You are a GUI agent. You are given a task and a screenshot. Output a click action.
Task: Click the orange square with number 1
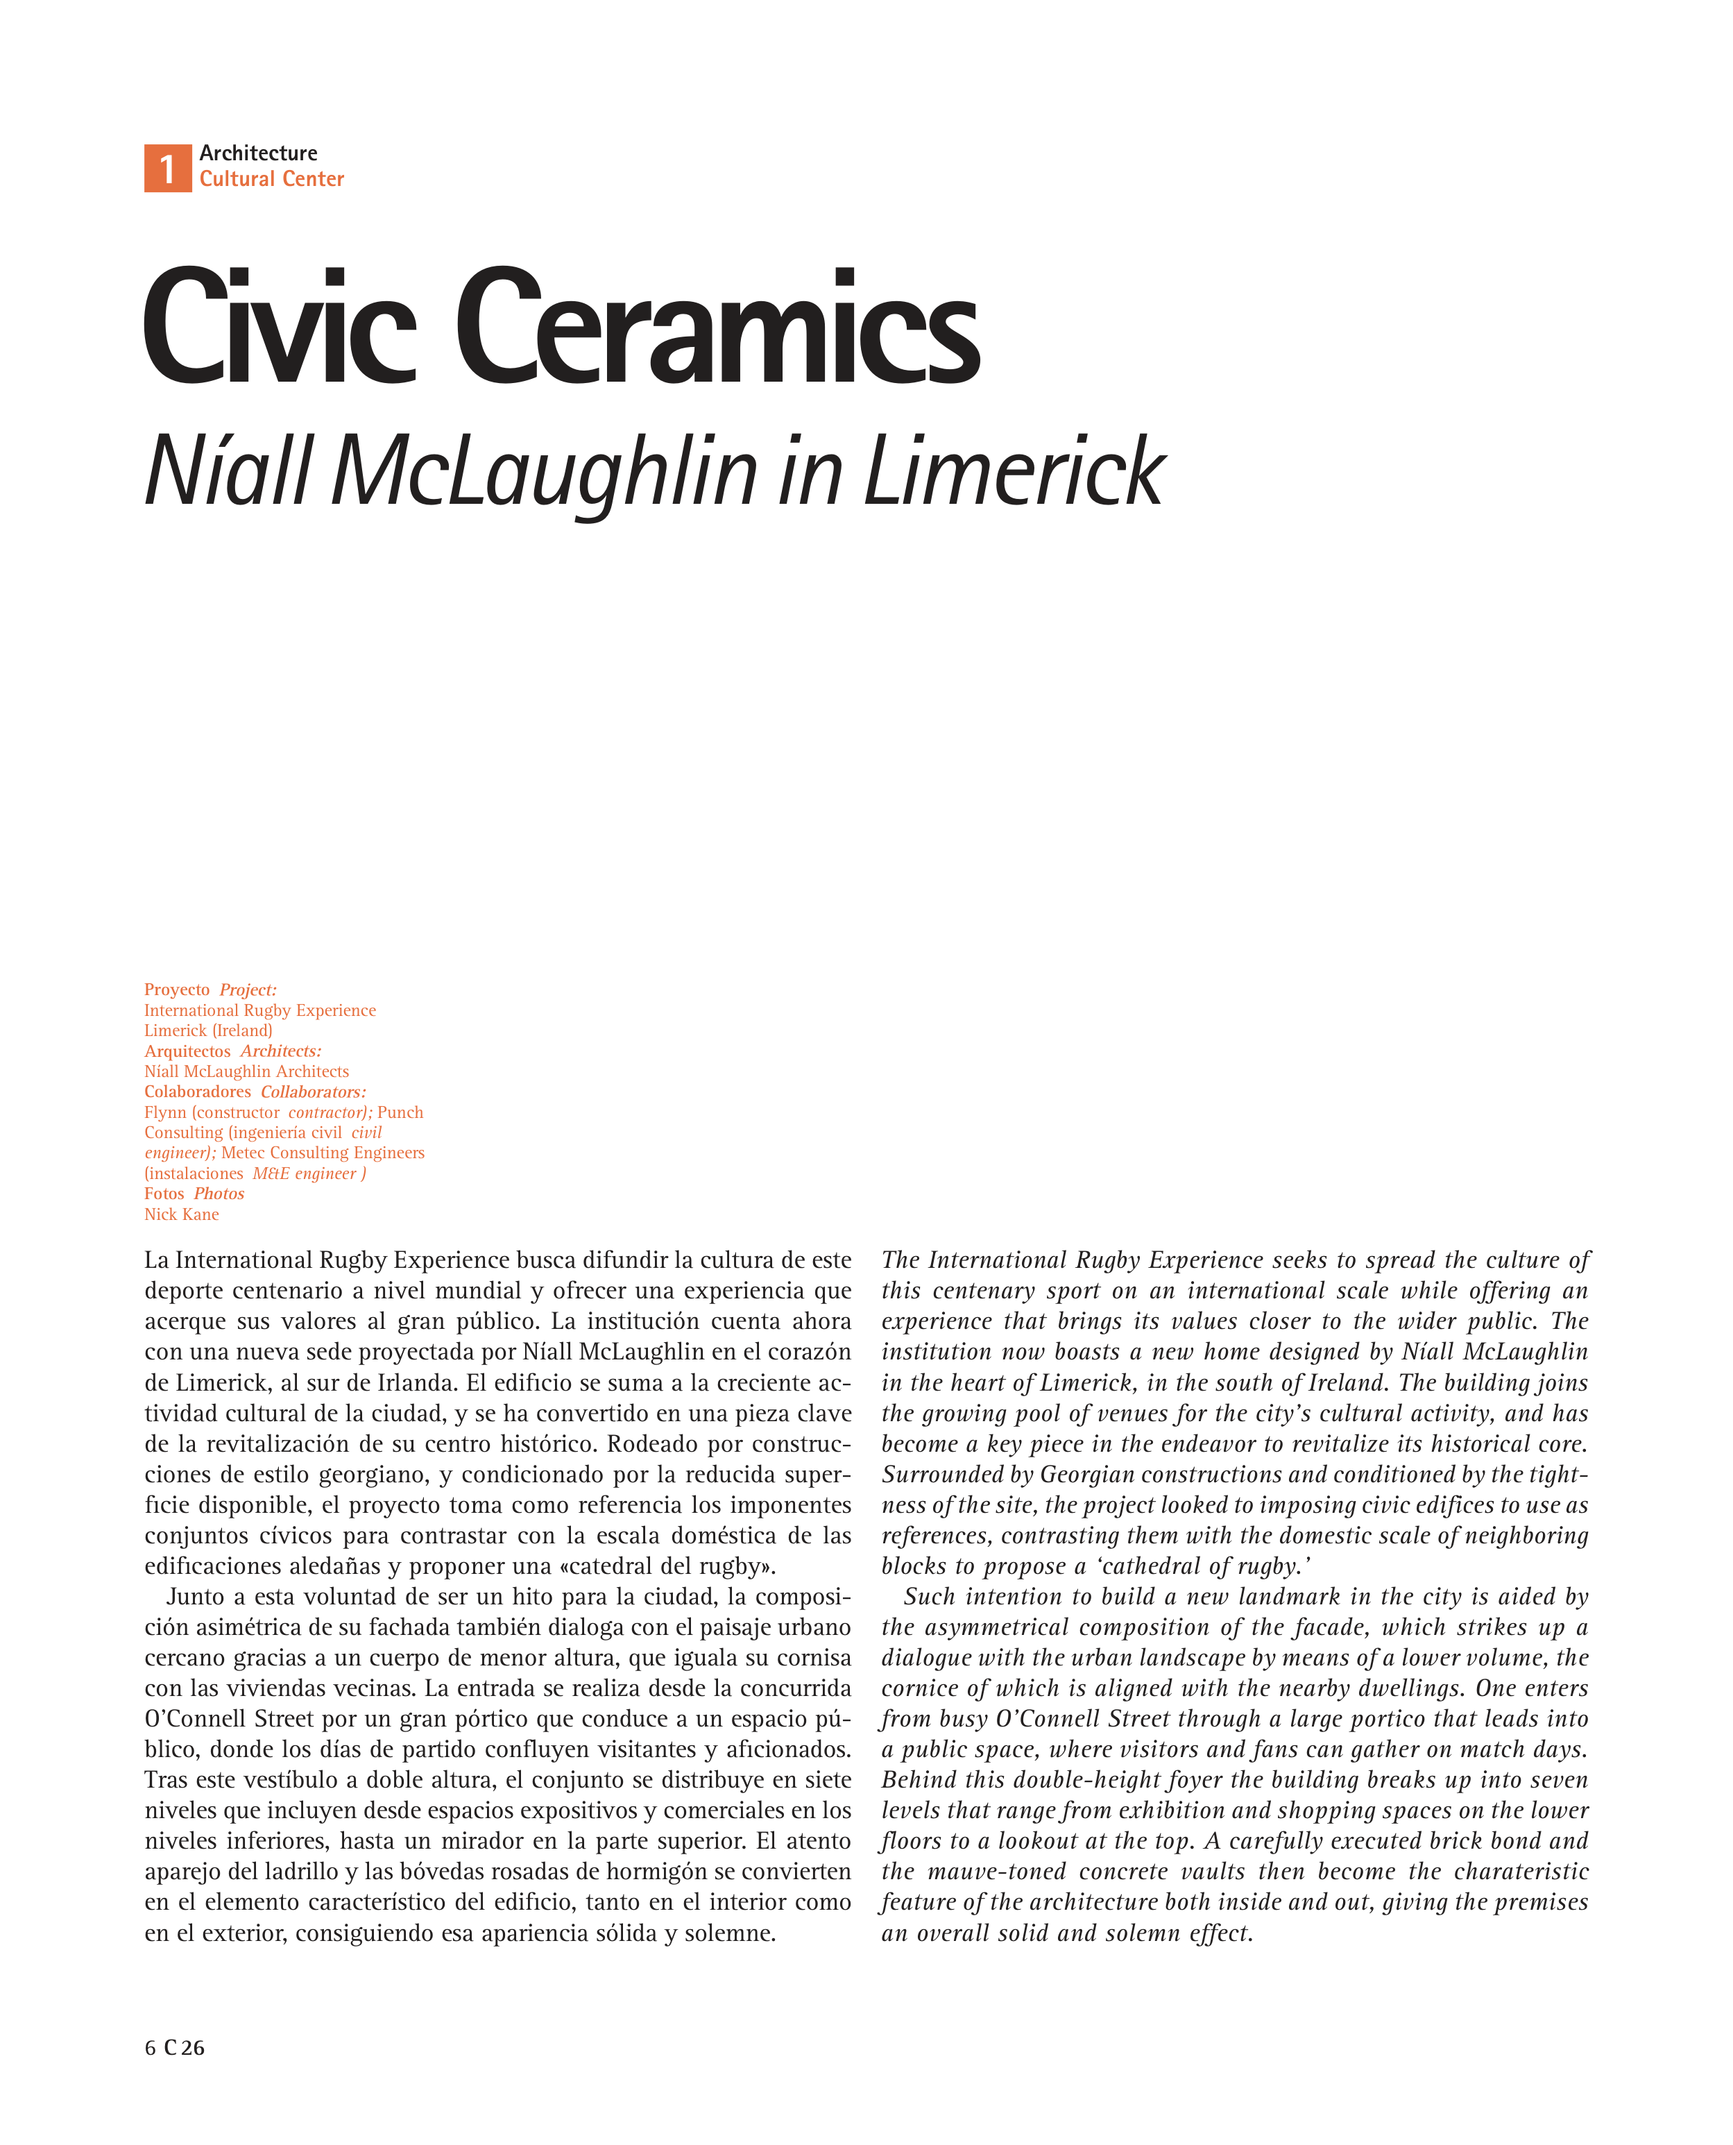coord(168,168)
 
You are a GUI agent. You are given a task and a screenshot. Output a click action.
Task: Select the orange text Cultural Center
coord(271,179)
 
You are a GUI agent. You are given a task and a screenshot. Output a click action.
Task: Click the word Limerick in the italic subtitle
coord(1014,471)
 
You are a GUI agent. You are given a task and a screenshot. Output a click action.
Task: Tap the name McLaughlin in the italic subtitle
coord(544,471)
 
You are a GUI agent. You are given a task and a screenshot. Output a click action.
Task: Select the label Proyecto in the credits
coord(177,990)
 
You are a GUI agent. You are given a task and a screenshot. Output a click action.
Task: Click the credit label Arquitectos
coord(187,1051)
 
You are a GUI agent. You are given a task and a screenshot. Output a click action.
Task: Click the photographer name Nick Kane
coord(182,1214)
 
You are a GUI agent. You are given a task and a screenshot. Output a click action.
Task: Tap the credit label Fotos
coord(164,1194)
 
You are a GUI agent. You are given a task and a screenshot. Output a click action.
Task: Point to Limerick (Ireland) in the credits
coord(207,1031)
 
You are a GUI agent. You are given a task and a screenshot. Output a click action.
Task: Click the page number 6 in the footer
coord(151,2048)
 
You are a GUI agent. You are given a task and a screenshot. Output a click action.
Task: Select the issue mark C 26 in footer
coord(185,2048)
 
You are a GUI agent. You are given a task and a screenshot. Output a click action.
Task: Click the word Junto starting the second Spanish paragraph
coord(196,1597)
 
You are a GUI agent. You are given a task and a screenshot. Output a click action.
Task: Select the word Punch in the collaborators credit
coord(400,1112)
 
